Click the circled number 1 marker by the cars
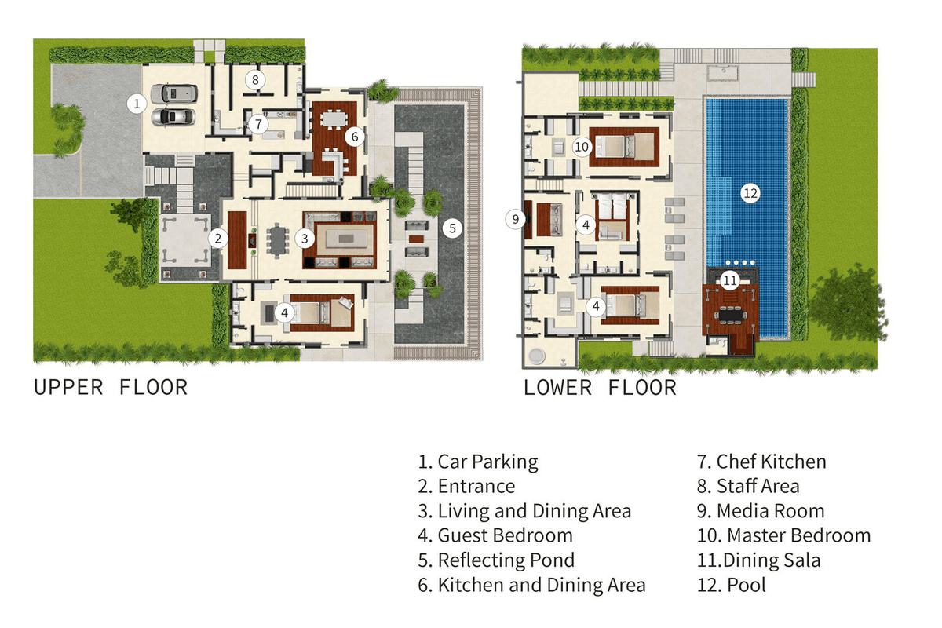point(137,104)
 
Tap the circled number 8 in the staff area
point(255,79)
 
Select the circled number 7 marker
point(258,124)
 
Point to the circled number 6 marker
point(355,137)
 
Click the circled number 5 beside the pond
point(452,228)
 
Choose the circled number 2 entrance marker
point(218,239)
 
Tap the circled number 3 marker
point(305,239)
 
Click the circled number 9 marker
point(515,219)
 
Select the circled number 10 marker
point(582,147)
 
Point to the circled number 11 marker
point(730,280)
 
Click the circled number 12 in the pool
point(750,193)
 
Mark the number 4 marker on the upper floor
point(285,313)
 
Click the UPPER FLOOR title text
point(111,388)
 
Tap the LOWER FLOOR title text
point(600,388)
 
